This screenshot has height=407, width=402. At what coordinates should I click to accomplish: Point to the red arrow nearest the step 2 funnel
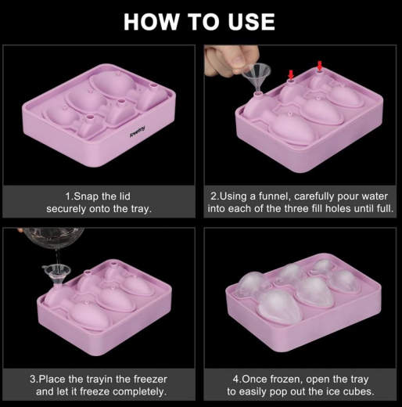[291, 75]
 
